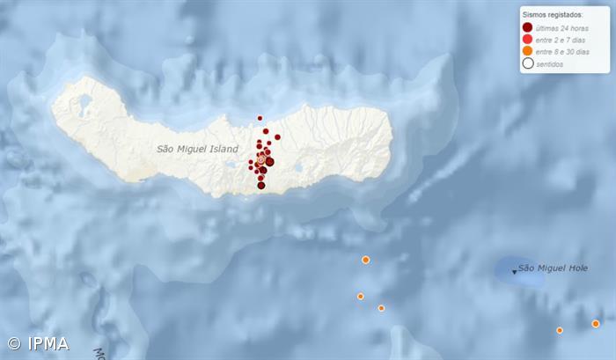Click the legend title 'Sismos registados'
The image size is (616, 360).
pos(553,15)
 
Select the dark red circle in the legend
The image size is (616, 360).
pos(527,28)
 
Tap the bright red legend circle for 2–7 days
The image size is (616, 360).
pos(527,40)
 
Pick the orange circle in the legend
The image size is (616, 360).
pos(527,51)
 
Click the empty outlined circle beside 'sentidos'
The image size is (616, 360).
pos(527,62)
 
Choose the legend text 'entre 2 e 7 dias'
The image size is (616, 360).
pos(561,40)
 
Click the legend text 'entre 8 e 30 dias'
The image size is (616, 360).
pos(562,51)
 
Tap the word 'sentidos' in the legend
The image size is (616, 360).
pos(550,62)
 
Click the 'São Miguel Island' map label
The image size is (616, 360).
pos(197,150)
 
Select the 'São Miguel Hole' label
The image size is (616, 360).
pos(552,268)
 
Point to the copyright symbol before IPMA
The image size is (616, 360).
pos(14,344)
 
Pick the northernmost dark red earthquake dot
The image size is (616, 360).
pos(260,118)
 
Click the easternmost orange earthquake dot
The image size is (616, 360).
pos(596,324)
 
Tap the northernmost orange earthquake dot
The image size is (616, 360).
pos(365,260)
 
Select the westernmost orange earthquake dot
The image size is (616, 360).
pos(360,297)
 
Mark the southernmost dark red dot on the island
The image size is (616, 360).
pos(261,185)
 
